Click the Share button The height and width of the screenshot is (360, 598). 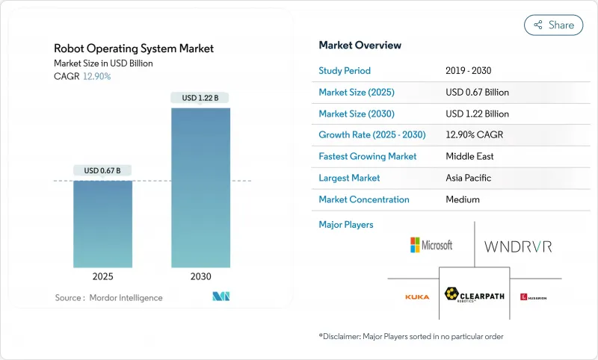pyautogui.click(x=553, y=25)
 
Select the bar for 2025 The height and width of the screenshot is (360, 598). pyautogui.click(x=102, y=224)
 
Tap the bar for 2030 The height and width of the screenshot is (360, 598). pyautogui.click(x=200, y=187)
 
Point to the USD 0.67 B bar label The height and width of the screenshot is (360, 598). pyautogui.click(x=102, y=170)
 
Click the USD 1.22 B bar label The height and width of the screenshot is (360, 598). pyautogui.click(x=200, y=98)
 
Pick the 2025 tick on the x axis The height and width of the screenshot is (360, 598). pyautogui.click(x=102, y=276)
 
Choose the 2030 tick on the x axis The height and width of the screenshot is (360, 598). pyautogui.click(x=200, y=276)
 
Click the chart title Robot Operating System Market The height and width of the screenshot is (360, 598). pyautogui.click(x=134, y=49)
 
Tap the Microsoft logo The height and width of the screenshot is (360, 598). pyautogui.click(x=431, y=245)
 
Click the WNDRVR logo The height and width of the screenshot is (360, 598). pyautogui.click(x=518, y=246)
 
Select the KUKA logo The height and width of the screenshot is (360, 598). pyautogui.click(x=417, y=297)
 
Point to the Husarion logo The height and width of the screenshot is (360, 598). pyautogui.click(x=533, y=297)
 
